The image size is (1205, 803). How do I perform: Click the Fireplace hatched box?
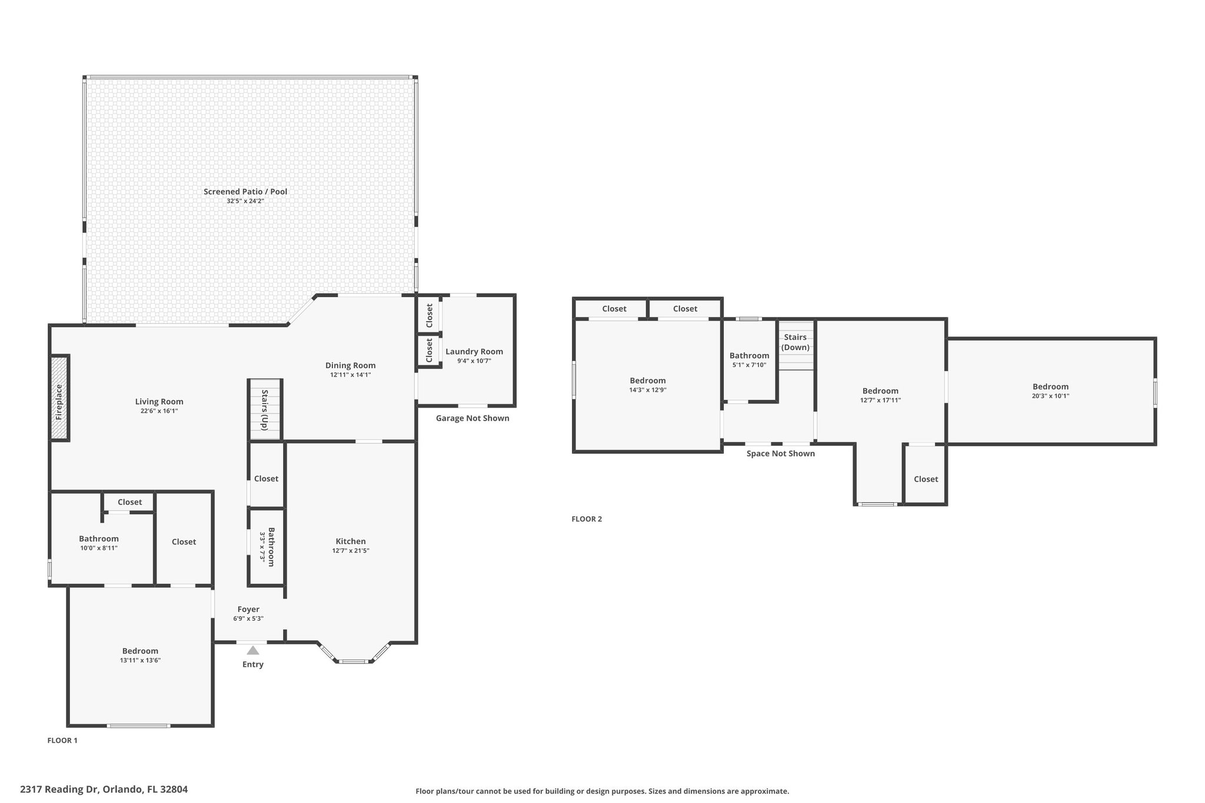coord(59,398)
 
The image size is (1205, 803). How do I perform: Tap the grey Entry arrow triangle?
coord(253,650)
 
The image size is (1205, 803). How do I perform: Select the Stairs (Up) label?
coord(265,410)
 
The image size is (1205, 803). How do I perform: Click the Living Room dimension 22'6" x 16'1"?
coord(159,411)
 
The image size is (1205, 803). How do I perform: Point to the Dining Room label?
coord(351,365)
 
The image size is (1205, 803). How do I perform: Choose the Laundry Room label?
coord(474,352)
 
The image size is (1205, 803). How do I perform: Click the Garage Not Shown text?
coord(472,418)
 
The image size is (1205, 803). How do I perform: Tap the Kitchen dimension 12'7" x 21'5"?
coord(351,551)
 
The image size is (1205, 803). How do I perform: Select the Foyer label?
coord(248,609)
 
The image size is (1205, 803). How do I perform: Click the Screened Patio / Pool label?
coord(245,192)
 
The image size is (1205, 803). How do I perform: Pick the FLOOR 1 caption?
coord(62,741)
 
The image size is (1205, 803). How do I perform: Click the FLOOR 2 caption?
coord(587,519)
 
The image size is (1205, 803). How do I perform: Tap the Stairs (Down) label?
coord(795,342)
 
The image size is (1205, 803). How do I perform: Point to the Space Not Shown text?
coord(781,454)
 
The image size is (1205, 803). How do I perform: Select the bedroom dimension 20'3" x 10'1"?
coord(1051,396)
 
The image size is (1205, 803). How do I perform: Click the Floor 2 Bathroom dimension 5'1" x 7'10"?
coord(750,365)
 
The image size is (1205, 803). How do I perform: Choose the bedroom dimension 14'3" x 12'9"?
coord(648,390)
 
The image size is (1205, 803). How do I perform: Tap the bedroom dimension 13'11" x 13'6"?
coord(140,660)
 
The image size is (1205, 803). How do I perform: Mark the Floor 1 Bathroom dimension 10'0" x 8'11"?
coord(99,548)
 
